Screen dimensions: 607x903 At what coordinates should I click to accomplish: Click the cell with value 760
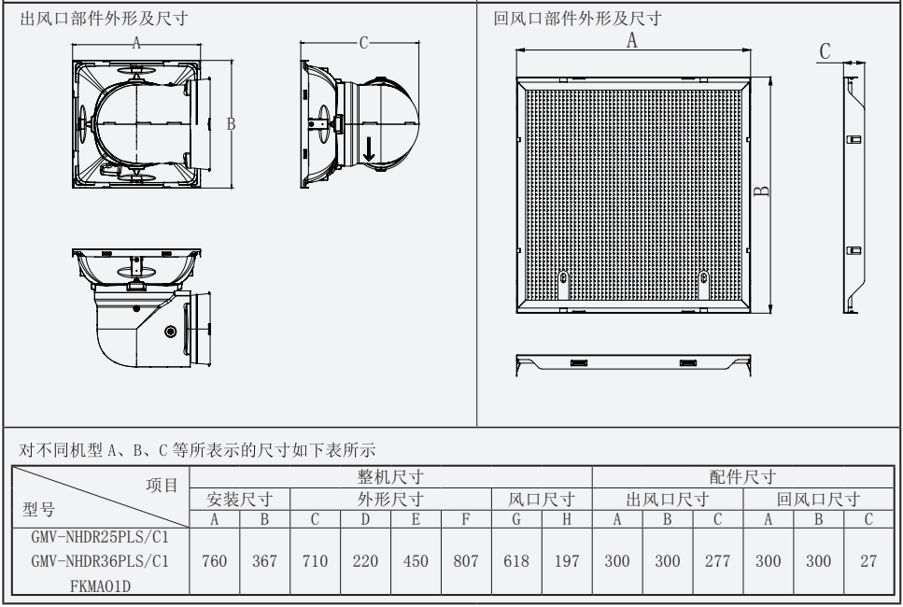point(215,562)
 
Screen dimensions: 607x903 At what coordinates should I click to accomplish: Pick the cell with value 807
point(466,562)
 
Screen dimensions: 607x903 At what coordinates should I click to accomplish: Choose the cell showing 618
point(515,562)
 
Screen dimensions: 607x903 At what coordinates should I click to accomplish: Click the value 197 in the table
point(567,562)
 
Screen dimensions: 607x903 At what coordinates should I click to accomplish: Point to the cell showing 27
point(868,562)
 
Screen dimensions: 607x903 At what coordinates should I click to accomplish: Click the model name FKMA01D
point(100,585)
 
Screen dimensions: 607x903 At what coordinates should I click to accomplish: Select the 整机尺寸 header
point(391,478)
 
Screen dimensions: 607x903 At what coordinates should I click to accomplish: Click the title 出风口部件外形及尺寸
point(108,21)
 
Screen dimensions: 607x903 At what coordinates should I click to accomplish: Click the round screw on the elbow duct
point(170,332)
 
